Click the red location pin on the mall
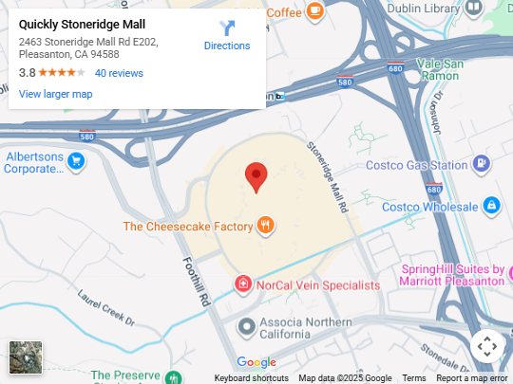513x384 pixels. [256, 176]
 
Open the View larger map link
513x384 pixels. [55, 94]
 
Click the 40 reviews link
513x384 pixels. [119, 73]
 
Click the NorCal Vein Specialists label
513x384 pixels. [317, 284]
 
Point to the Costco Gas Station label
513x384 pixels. [416, 165]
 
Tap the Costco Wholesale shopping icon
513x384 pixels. [491, 205]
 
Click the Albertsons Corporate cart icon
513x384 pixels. [76, 162]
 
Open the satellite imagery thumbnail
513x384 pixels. [26, 357]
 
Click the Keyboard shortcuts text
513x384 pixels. [251, 378]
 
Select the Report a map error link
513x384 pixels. [471, 378]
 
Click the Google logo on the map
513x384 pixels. [256, 362]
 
